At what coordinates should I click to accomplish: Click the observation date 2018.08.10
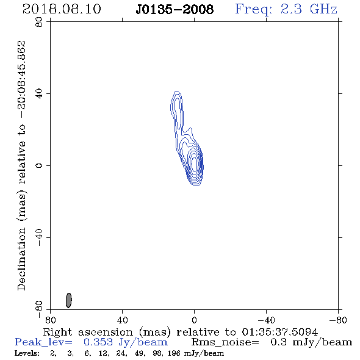[62, 9]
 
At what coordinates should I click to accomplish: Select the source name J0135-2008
[175, 10]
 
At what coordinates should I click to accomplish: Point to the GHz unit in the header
[323, 9]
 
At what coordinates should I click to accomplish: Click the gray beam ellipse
[69, 300]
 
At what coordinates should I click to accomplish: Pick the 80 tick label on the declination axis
[39, 22]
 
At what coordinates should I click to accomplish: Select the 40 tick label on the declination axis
[39, 94]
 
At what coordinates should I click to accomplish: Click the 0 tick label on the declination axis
[39, 165]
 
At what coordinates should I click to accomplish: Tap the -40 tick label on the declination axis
[39, 237]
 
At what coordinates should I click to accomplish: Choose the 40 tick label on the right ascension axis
[122, 320]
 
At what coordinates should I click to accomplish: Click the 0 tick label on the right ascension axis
[194, 320]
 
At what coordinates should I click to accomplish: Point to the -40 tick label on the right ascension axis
[266, 320]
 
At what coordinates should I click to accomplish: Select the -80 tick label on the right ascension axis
[338, 320]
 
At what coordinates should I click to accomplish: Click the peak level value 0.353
[98, 342]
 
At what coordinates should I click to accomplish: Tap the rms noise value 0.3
[278, 342]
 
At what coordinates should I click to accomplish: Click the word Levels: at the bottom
[27, 353]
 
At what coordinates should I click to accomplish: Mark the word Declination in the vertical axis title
[21, 259]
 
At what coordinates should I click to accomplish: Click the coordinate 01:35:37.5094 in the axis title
[279, 332]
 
